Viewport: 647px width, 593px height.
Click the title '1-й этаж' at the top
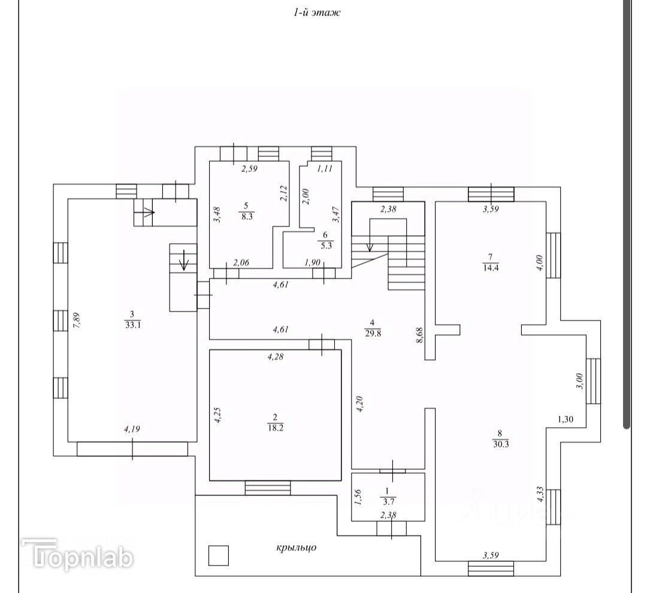point(316,13)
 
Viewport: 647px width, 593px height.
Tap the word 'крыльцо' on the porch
point(296,547)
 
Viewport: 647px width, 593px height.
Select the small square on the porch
point(219,555)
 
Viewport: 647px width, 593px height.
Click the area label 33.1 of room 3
point(132,326)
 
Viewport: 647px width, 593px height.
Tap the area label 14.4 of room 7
point(491,268)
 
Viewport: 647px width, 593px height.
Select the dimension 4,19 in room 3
point(132,429)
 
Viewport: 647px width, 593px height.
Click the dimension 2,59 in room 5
point(249,170)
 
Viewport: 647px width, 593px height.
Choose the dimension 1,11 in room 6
point(323,169)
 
